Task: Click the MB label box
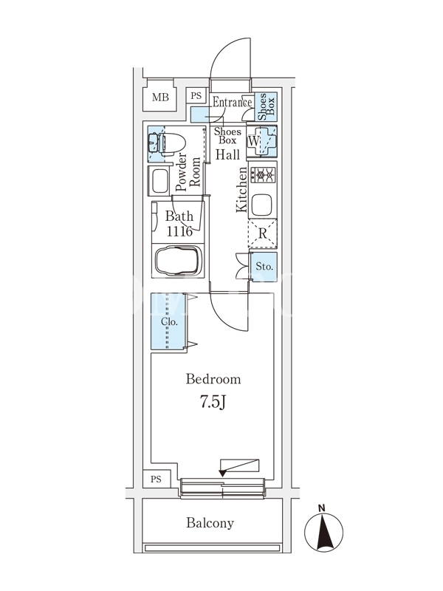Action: coord(160,98)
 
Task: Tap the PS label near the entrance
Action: coord(196,95)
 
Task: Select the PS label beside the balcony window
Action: coord(156,479)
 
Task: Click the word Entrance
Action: coord(233,103)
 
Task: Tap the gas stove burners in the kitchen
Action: coord(262,176)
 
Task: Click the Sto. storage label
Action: coord(264,266)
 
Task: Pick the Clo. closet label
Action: coord(168,322)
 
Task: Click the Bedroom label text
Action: coord(213,379)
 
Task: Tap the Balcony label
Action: coord(210,523)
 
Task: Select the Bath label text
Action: coord(179,216)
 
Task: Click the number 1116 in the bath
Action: coord(179,231)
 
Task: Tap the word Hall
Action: coord(227,154)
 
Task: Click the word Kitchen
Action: coord(242,190)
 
